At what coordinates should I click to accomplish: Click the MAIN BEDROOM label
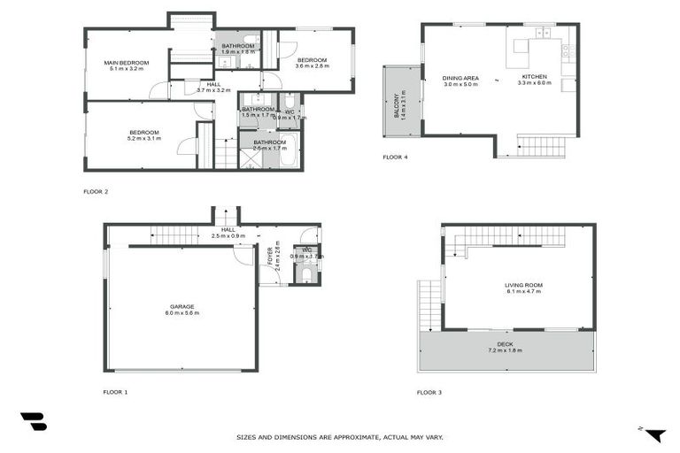point(126,63)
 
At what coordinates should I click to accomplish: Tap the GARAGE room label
point(182,307)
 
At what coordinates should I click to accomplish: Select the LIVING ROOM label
point(523,285)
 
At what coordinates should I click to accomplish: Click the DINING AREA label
point(460,78)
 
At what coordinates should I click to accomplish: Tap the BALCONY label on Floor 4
point(397,106)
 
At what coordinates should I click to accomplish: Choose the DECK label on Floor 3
point(505,344)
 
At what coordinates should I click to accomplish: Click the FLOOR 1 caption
point(116,391)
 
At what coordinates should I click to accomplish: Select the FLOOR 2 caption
point(96,191)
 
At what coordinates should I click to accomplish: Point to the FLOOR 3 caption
point(429,391)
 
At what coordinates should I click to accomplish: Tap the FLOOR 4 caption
point(395,157)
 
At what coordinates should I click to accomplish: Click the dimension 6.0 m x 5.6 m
point(182,313)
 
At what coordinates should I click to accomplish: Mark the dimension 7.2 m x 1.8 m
point(505,351)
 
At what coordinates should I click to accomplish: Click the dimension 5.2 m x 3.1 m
point(143,138)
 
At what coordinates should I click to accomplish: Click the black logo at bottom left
point(34,422)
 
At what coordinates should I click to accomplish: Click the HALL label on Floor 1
point(228,229)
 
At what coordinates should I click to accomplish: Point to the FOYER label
point(269,256)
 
